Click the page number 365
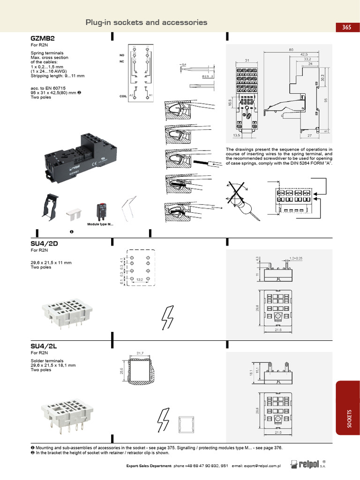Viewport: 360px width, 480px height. (x=346, y=27)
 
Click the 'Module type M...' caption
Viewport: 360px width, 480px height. (x=100, y=225)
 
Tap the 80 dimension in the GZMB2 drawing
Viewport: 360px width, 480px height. (x=291, y=50)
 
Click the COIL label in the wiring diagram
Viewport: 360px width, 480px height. (x=123, y=96)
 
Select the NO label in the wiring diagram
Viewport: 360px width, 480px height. (x=122, y=55)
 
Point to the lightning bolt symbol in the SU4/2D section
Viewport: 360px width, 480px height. (x=167, y=318)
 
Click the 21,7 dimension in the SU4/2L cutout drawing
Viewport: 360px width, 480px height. (x=140, y=353)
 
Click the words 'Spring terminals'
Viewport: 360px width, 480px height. (x=47, y=53)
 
